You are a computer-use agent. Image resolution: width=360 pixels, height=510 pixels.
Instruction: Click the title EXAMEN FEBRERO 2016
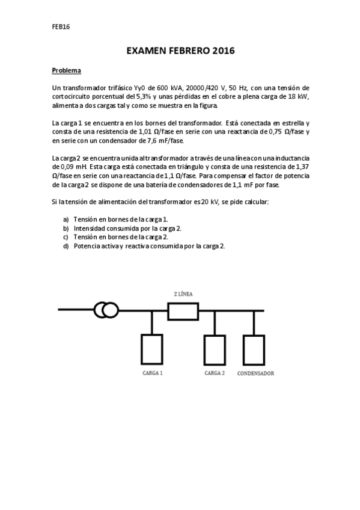(x=180, y=52)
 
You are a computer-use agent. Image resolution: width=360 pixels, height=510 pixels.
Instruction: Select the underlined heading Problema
(x=67, y=70)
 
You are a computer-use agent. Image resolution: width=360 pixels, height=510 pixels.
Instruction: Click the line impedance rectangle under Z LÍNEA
(x=182, y=311)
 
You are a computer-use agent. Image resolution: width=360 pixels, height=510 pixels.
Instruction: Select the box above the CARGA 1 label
(x=152, y=348)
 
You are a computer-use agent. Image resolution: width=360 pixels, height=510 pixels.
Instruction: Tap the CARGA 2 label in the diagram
(x=215, y=373)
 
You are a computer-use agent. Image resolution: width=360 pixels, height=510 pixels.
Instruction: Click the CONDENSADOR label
(x=256, y=373)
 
